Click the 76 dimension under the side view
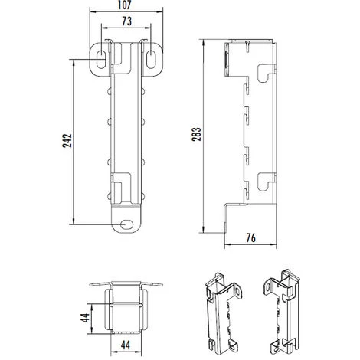click(250, 237)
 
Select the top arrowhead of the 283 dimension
click(204, 38)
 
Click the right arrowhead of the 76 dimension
click(275, 246)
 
